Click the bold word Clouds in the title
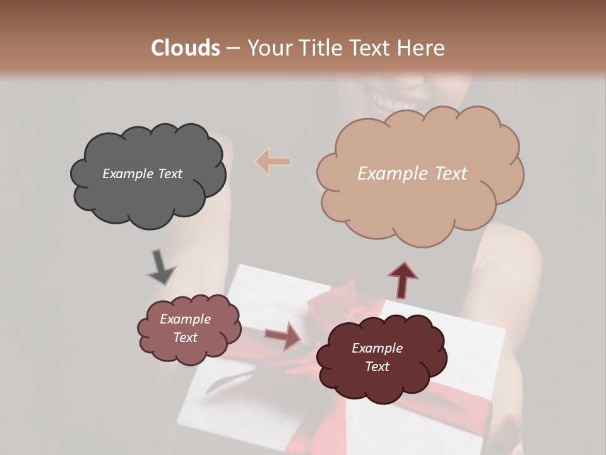186,47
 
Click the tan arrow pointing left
273,162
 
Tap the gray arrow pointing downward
161,267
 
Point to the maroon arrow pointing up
403,279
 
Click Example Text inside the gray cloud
142,174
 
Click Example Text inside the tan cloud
412,174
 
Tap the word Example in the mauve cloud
185,319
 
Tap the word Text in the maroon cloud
377,367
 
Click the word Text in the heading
376,47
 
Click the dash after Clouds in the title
232,47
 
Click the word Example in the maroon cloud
377,348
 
